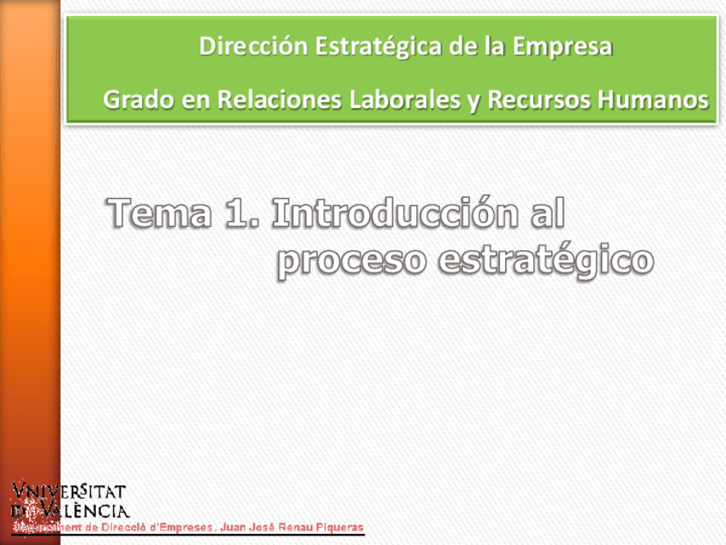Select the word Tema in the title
point(159,214)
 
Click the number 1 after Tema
point(240,214)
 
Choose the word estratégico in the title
point(546,260)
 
